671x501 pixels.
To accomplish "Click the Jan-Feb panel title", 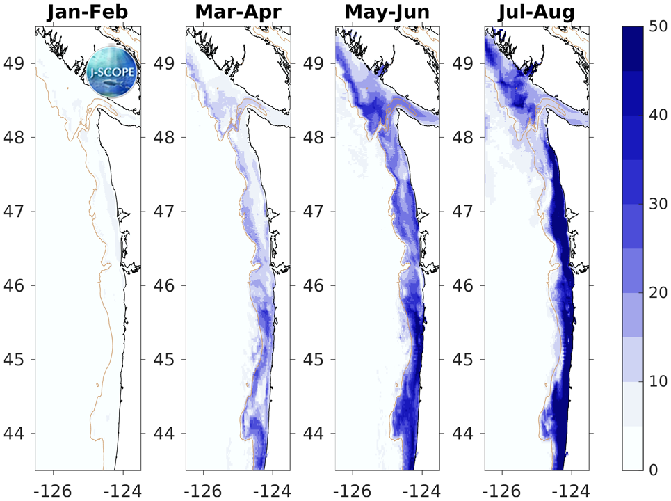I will tap(87, 13).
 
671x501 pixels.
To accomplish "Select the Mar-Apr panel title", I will tap(237, 13).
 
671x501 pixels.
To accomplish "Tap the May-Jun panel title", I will tap(387, 13).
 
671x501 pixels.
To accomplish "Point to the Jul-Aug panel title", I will tap(536, 13).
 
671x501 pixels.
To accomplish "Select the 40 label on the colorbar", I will tap(656, 116).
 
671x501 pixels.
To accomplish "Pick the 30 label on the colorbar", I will tap(656, 204).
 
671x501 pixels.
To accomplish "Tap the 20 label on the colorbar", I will tap(656, 293).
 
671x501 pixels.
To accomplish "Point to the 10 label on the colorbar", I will tap(656, 381).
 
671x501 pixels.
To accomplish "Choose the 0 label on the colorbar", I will tap(652, 470).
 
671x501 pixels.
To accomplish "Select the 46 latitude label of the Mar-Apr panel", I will tap(165, 285).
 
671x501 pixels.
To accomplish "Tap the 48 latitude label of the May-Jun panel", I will tap(315, 138).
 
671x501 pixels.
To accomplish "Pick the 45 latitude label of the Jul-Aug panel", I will tap(464, 360).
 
